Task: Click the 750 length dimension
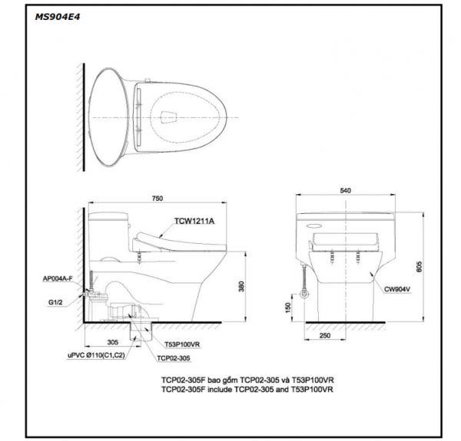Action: point(157,198)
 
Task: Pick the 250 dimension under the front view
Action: point(325,336)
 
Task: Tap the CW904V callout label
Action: point(399,289)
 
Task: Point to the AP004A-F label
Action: point(58,281)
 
